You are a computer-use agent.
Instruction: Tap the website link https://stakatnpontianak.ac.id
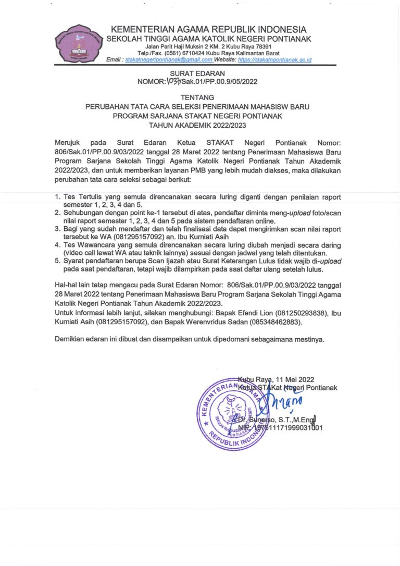click(x=274, y=60)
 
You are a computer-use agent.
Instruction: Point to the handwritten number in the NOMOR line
click(x=173, y=82)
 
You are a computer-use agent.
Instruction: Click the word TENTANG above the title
click(x=197, y=97)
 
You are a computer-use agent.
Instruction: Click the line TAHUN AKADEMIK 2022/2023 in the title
click(x=197, y=125)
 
